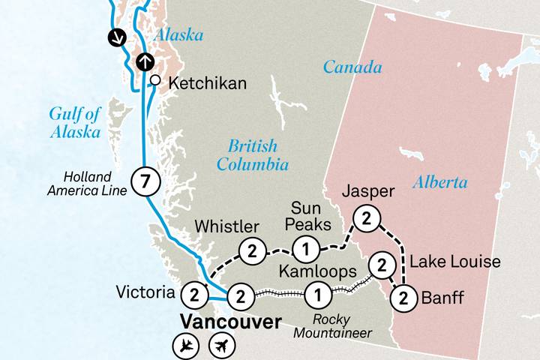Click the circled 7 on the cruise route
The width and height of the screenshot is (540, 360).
pyautogui.click(x=145, y=181)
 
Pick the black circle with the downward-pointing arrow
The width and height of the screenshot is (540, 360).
pyautogui.click(x=115, y=36)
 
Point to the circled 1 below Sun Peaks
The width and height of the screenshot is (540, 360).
pyautogui.click(x=305, y=248)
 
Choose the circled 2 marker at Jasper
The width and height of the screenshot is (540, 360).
pyautogui.click(x=366, y=218)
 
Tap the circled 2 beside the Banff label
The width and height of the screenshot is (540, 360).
pyautogui.click(x=403, y=298)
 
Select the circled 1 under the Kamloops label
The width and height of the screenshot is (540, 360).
pyautogui.click(x=318, y=295)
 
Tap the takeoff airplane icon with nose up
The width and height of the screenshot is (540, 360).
pyautogui.click(x=221, y=346)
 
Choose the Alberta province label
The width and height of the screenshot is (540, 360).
pyautogui.click(x=440, y=182)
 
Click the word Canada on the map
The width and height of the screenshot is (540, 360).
pyautogui.click(x=352, y=67)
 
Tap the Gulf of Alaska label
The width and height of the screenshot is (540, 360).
pyautogui.click(x=75, y=122)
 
